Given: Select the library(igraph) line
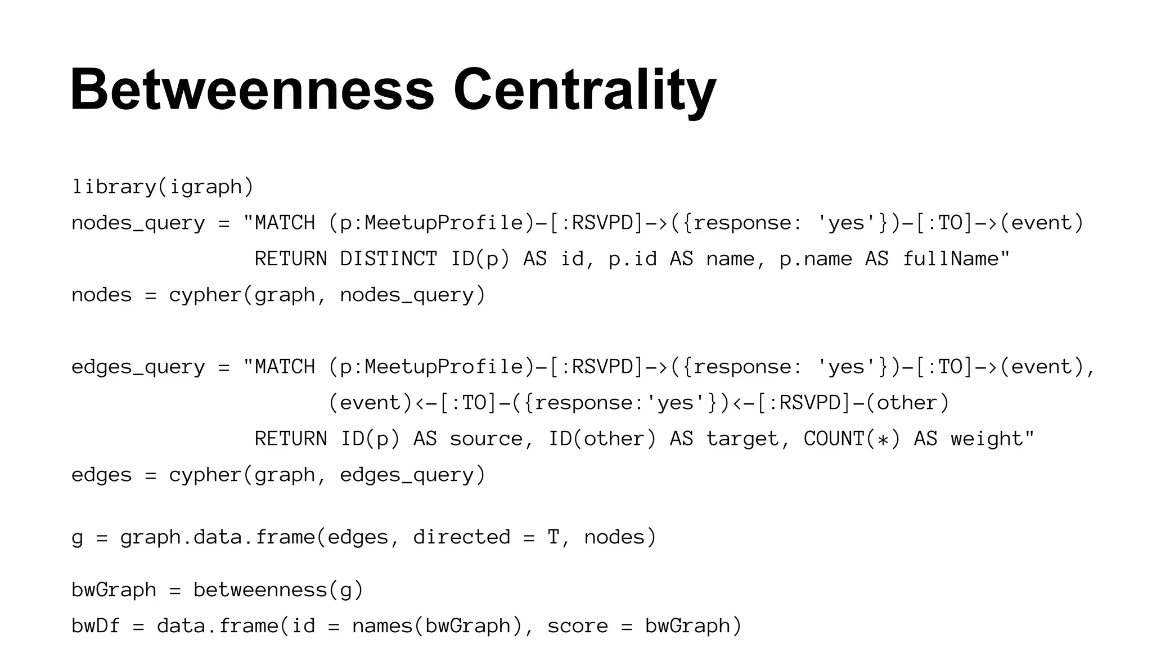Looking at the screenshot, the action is pyautogui.click(x=163, y=187).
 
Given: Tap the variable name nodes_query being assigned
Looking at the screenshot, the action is pyautogui.click(x=138, y=223).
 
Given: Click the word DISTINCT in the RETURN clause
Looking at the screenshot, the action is pyautogui.click(x=389, y=259).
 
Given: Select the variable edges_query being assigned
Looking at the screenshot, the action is pyautogui.click(x=138, y=367).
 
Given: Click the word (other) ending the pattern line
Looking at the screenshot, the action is pyautogui.click(x=907, y=403).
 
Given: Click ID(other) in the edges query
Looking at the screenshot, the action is pyautogui.click(x=602, y=439).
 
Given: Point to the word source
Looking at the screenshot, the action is pyautogui.click(x=486, y=439).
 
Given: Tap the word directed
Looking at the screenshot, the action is pyautogui.click(x=461, y=537).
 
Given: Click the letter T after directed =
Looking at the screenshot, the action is pyautogui.click(x=553, y=537).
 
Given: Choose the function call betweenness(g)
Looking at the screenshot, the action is pyautogui.click(x=278, y=590).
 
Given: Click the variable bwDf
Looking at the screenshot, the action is pyautogui.click(x=96, y=626).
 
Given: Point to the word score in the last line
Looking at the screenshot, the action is pyautogui.click(x=578, y=626).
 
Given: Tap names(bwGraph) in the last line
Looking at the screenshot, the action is pyautogui.click(x=437, y=626).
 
